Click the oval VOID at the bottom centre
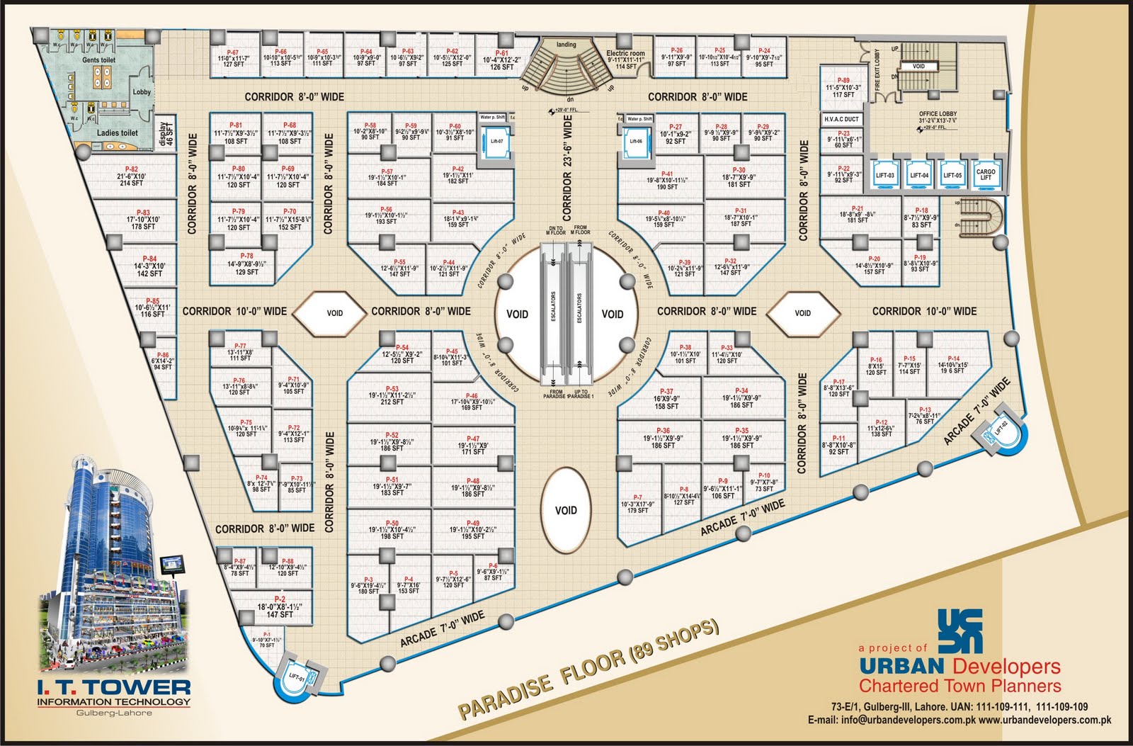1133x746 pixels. tap(566, 510)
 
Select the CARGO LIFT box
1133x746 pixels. tap(986, 174)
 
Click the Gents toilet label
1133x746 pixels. tap(98, 61)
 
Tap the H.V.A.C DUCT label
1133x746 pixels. tap(841, 120)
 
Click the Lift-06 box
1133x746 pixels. tap(636, 141)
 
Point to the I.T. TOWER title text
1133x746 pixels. tap(114, 686)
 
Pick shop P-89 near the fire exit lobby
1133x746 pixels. tap(843, 88)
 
